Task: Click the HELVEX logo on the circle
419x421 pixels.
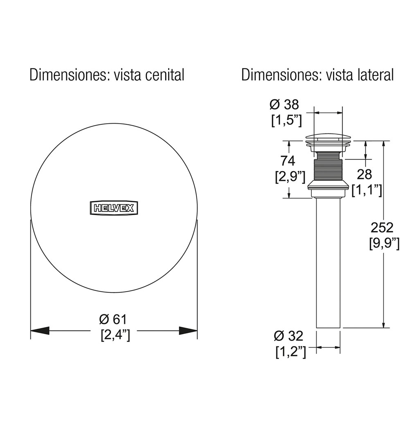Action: [114, 208]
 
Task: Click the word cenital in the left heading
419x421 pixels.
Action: [164, 75]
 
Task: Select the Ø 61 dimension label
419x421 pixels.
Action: [113, 319]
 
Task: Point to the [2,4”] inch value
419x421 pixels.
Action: [115, 335]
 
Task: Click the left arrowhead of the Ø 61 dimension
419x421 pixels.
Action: [40, 330]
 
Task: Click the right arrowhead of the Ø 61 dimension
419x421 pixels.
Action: [188, 330]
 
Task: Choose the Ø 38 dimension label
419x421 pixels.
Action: [284, 104]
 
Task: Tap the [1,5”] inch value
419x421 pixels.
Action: [286, 120]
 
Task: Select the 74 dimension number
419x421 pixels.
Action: [288, 161]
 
